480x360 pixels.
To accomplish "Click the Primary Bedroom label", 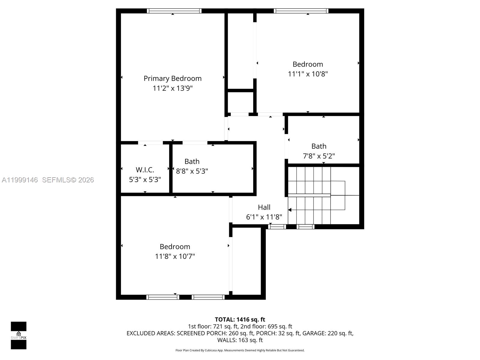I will click(172, 79).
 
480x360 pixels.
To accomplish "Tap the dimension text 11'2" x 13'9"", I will click(172, 88).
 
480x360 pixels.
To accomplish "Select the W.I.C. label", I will click(145, 170).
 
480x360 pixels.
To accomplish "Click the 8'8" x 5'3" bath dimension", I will click(192, 171).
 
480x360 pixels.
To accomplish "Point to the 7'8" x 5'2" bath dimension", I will click(319, 156).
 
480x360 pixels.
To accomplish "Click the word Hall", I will click(264, 207).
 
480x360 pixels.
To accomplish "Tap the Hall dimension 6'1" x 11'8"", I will click(264, 217).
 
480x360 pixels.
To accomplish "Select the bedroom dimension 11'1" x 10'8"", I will click(308, 74).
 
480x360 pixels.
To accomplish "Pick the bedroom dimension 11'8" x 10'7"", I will click(175, 256).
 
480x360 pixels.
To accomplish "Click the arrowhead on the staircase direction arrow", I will click(290, 210).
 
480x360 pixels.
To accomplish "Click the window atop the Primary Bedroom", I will click(174, 11).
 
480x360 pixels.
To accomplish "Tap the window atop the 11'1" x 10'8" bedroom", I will click(301, 11).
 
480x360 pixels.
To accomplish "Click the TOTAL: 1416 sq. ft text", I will click(240, 319).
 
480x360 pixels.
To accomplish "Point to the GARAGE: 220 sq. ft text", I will click(328, 333).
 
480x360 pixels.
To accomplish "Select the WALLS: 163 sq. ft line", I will click(240, 340).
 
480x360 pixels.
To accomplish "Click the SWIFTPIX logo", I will click(19, 335).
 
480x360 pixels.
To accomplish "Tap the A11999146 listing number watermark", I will click(20, 180).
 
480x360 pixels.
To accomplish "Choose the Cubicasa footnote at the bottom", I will click(240, 350).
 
